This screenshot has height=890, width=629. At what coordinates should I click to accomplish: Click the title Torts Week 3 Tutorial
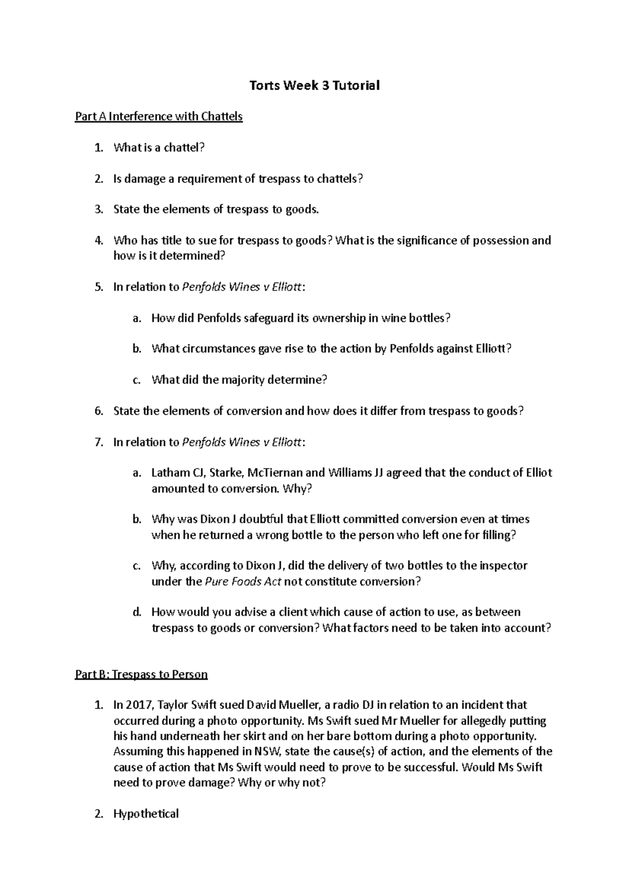pyautogui.click(x=314, y=85)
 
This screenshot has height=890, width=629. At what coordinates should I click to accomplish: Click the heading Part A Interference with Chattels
pyautogui.click(x=159, y=116)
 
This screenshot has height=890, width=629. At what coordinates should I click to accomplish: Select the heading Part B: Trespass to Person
pyautogui.click(x=142, y=674)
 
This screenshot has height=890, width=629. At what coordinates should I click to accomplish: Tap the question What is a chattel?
pyautogui.click(x=158, y=148)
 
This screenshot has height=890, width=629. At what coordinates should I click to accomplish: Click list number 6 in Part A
pyautogui.click(x=99, y=411)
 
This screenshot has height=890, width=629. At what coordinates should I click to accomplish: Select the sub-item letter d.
pyautogui.click(x=137, y=612)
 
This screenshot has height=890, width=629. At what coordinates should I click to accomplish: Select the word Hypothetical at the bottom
pyautogui.click(x=146, y=814)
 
